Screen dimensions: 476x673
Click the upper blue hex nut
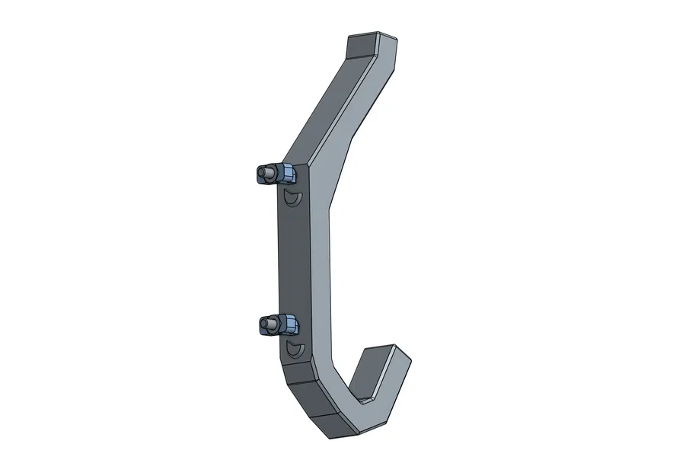(286, 174)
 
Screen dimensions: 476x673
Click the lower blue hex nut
(286, 325)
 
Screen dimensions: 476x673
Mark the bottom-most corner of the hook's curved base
(333, 439)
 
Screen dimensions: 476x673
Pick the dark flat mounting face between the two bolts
(294, 259)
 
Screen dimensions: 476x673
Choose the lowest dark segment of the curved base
(327, 426)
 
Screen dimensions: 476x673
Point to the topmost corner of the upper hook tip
(378, 33)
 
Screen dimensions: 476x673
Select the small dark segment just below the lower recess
(297, 372)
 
